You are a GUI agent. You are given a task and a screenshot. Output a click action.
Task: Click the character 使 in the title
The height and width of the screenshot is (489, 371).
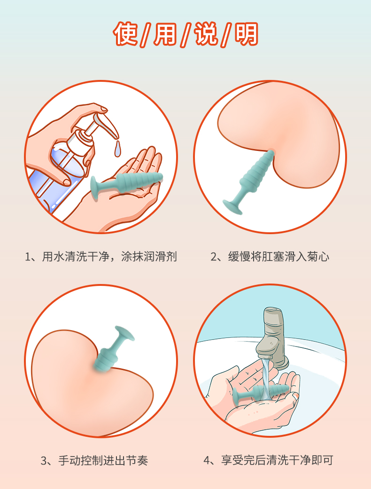point(125,34)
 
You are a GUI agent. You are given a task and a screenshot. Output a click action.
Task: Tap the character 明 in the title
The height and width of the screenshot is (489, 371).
point(246,34)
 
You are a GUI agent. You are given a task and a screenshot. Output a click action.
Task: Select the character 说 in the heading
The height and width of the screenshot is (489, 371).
point(206,34)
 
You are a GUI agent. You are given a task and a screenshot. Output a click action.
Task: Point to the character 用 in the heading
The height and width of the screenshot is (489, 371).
point(165,34)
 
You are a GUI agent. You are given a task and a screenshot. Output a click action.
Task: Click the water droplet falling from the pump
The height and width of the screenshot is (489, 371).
point(117,149)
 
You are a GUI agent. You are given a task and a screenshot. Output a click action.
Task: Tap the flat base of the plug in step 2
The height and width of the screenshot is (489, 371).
point(232,207)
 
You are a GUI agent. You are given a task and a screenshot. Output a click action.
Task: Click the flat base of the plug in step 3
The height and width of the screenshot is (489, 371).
point(125,333)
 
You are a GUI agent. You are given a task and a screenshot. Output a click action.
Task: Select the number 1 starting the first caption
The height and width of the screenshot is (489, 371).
point(28,257)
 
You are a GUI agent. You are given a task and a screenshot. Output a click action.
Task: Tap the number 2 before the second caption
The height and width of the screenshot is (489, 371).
point(214,257)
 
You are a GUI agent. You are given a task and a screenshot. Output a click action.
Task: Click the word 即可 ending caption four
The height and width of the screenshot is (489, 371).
point(322,460)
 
